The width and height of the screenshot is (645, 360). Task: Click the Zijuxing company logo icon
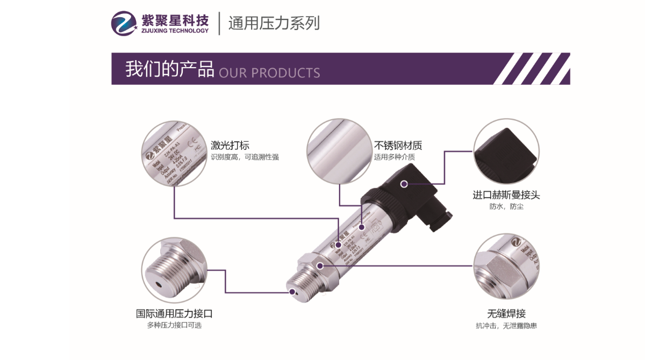[x=125, y=23]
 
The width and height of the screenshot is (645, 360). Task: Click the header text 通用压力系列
[x=274, y=23]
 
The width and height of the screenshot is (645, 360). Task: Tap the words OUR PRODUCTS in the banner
[x=269, y=73]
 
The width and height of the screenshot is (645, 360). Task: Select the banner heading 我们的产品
[x=169, y=69]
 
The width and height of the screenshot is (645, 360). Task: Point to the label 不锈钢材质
[x=398, y=145]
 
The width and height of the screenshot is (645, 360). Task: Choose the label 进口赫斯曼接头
[x=506, y=195]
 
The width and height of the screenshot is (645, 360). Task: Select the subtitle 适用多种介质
[x=395, y=157]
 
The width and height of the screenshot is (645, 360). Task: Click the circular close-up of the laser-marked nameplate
[x=173, y=154]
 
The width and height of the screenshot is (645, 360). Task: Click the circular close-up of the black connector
[x=506, y=152]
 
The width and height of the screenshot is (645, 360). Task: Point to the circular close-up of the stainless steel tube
[x=339, y=152]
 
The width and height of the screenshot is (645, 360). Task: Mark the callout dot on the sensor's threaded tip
[x=292, y=292]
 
